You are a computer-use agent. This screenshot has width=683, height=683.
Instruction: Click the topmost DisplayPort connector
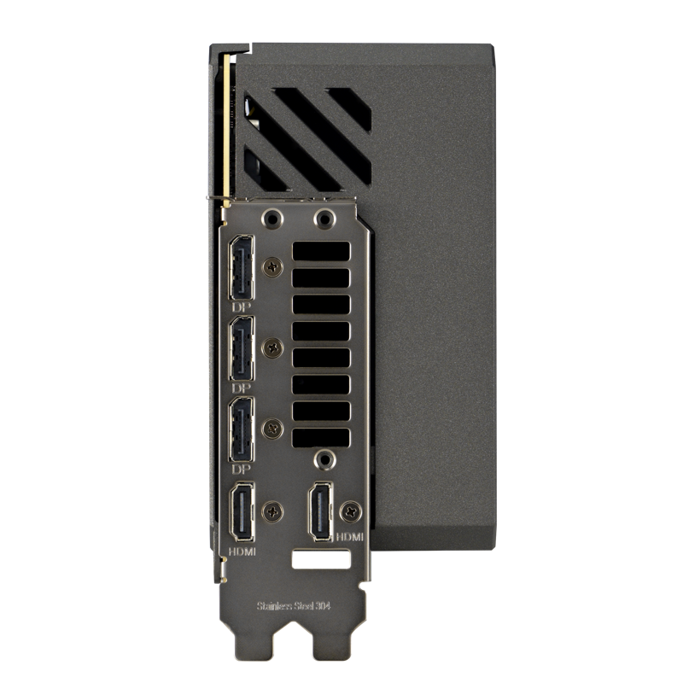(x=242, y=267)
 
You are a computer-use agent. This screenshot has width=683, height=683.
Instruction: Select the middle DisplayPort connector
(x=242, y=348)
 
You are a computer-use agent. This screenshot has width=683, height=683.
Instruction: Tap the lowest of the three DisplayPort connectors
(x=242, y=429)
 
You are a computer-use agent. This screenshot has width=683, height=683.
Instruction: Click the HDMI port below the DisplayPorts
(x=242, y=512)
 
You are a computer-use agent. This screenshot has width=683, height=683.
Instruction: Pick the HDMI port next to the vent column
(x=321, y=511)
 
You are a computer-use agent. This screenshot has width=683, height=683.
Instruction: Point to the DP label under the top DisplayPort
(x=242, y=307)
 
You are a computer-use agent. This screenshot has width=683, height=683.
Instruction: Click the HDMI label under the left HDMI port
(x=242, y=552)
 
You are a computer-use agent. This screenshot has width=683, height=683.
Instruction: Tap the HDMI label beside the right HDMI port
(x=349, y=537)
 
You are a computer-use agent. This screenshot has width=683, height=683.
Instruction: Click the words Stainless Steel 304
(x=294, y=606)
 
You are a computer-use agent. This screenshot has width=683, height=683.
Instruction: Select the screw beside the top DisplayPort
(x=272, y=267)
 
